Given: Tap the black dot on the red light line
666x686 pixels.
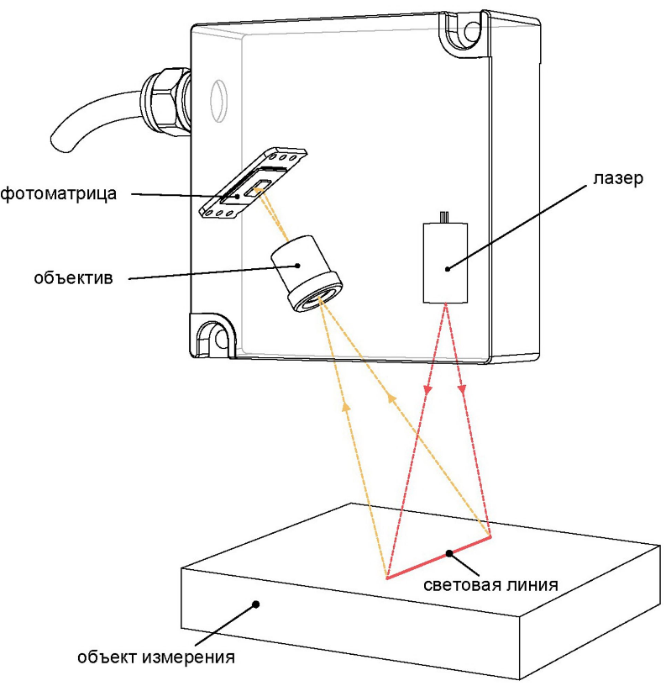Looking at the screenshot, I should click(450, 553).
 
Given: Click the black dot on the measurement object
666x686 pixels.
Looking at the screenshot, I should click(258, 603).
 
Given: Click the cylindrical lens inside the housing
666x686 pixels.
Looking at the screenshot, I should click(305, 273).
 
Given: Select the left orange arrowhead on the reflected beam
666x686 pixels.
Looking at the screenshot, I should click(345, 407).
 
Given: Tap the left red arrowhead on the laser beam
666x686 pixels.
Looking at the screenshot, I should click(428, 390).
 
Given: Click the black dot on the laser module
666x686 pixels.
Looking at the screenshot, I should click(448, 268).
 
